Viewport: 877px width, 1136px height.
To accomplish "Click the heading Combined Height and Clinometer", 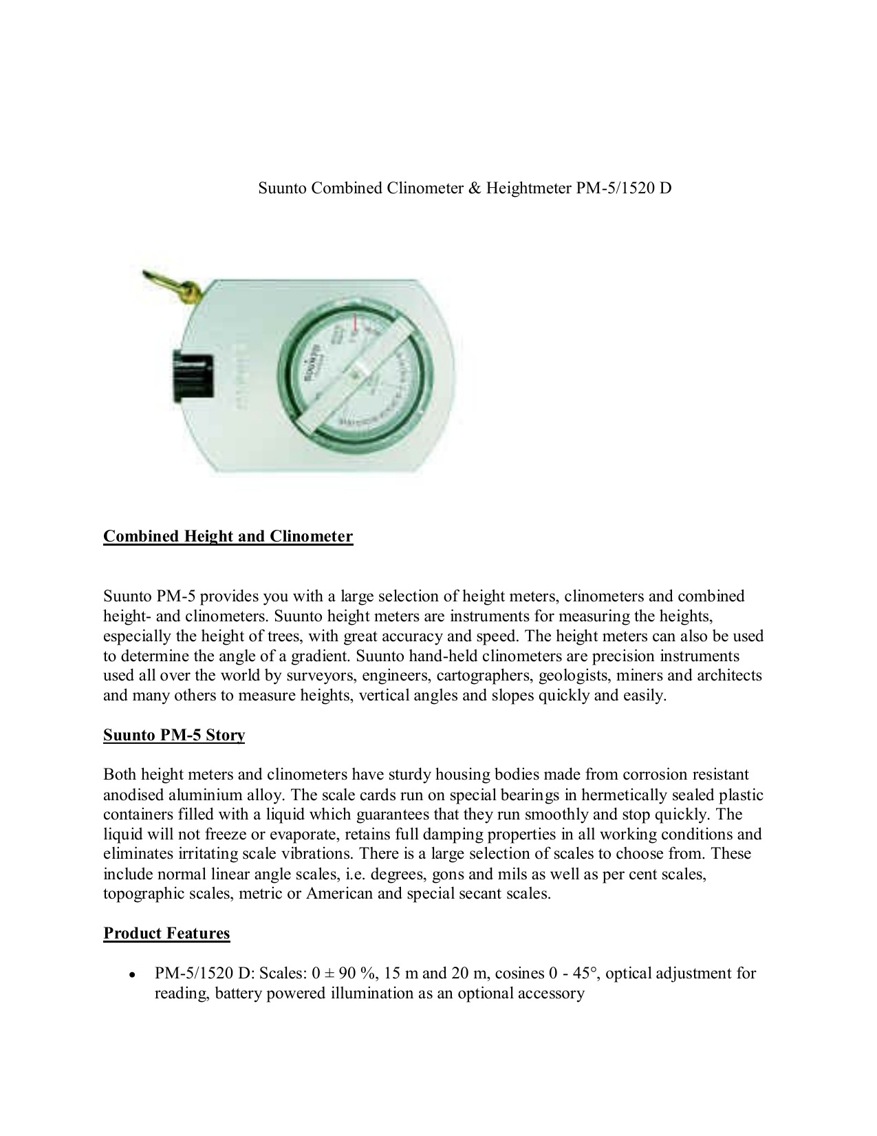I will click(x=228, y=537).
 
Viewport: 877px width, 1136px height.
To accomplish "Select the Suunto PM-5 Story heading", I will click(x=174, y=736).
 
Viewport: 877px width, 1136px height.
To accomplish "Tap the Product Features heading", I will click(x=166, y=934).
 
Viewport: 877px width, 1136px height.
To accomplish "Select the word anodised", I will click(x=133, y=795).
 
